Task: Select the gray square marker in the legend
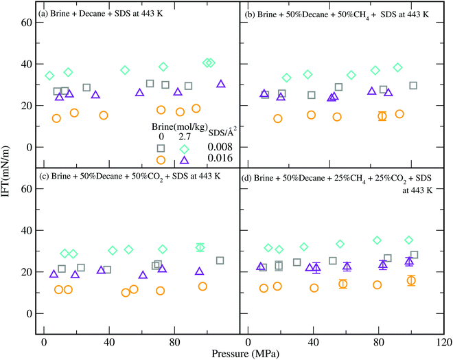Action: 161,148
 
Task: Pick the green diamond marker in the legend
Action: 184,149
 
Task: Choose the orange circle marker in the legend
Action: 161,160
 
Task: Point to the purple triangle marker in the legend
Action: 184,160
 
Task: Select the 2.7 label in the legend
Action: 184,137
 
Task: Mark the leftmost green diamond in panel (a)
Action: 49,76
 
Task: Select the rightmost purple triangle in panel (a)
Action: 221,84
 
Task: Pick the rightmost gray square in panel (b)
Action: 413,86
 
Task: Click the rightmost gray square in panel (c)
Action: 220,260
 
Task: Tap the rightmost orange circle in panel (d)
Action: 411,280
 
